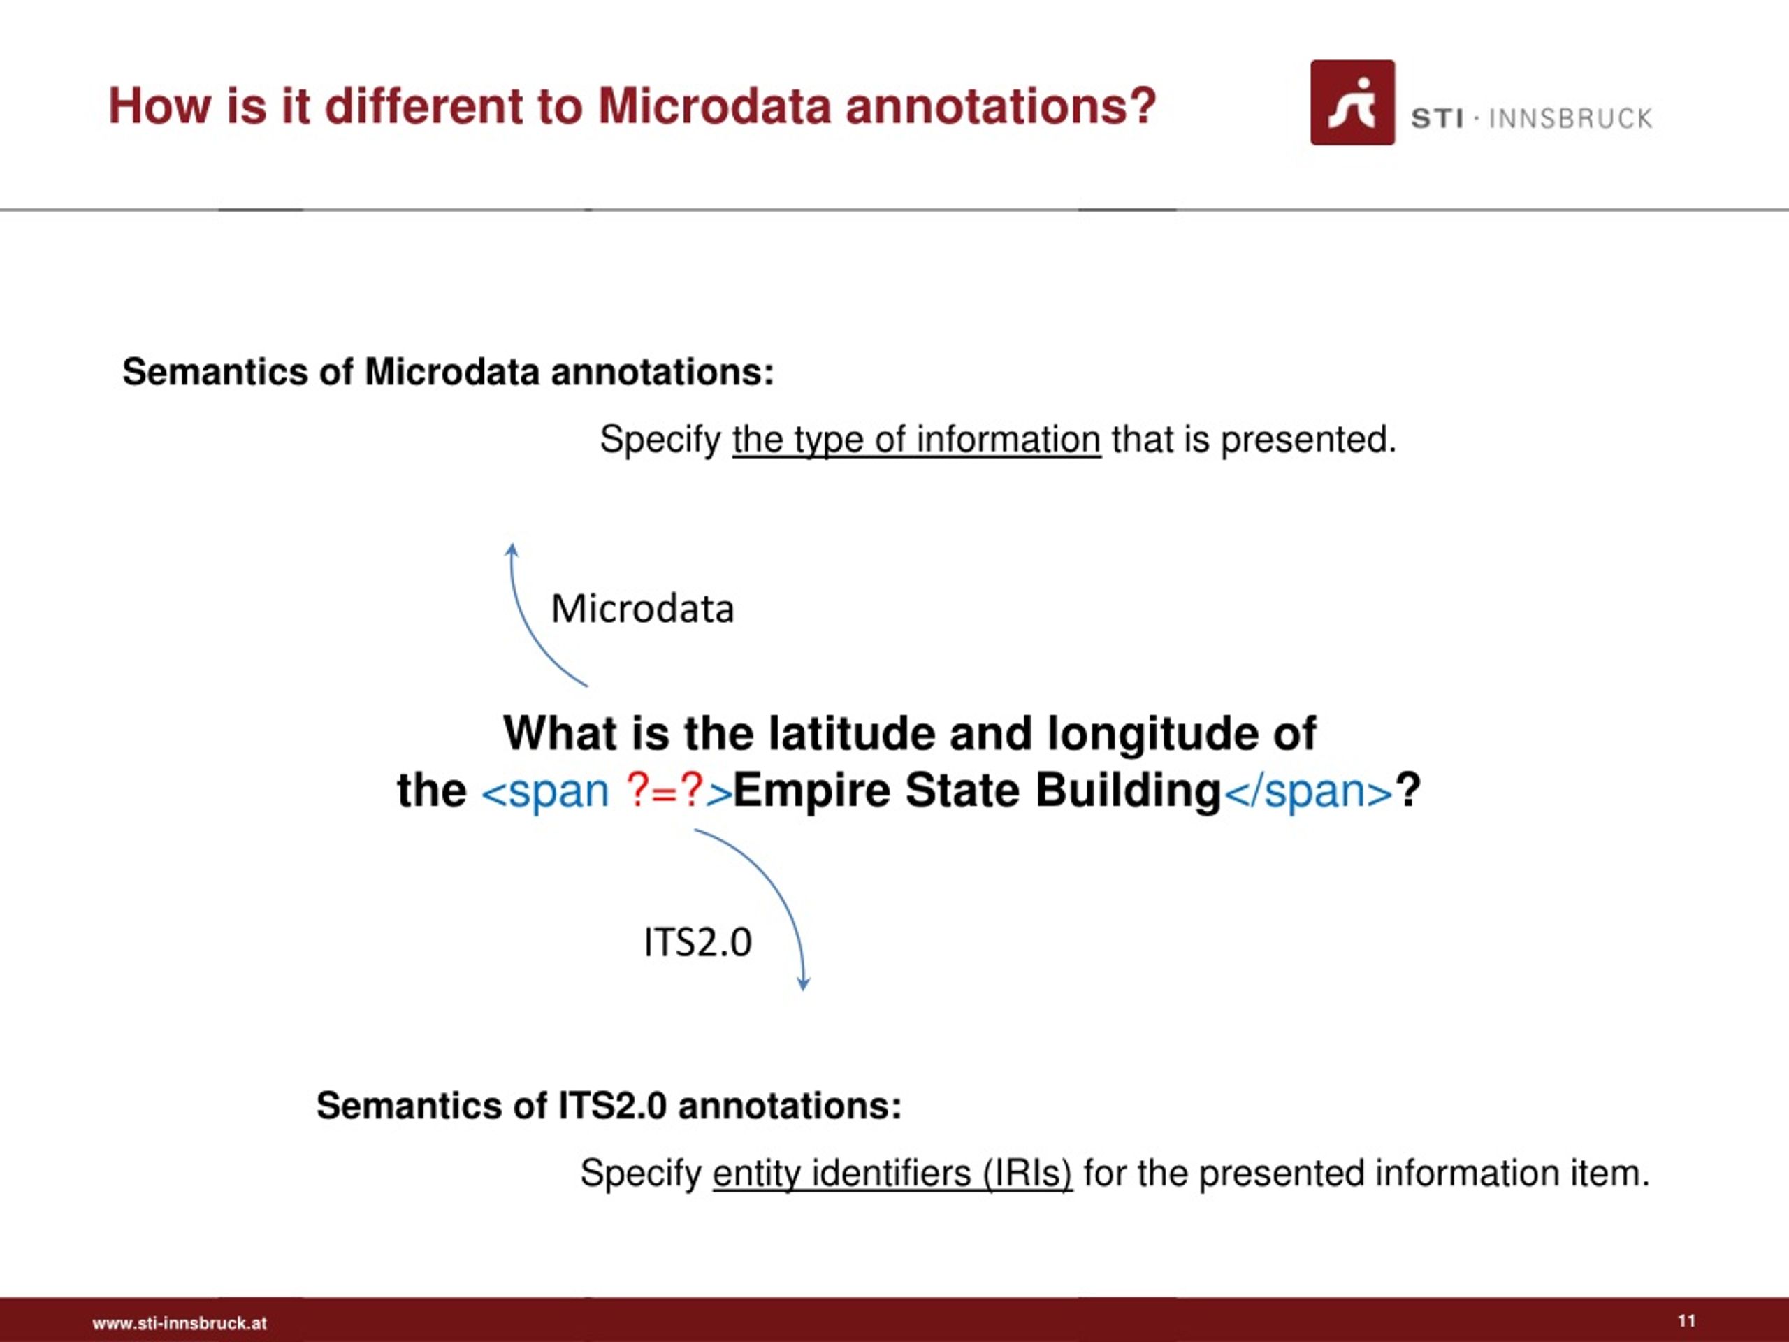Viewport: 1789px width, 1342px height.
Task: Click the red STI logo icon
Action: pyautogui.click(x=1352, y=103)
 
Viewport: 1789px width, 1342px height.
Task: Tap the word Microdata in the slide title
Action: pyautogui.click(x=714, y=106)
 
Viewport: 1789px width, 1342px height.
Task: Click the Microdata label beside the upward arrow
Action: pyautogui.click(x=642, y=609)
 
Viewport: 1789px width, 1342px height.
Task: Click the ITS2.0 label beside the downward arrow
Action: pyautogui.click(x=697, y=942)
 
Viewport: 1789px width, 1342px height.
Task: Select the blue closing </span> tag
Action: pyautogui.click(x=1308, y=791)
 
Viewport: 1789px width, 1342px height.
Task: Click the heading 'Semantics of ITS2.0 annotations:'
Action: pyautogui.click(x=608, y=1106)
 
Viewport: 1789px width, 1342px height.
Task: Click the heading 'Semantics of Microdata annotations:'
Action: pyautogui.click(x=448, y=372)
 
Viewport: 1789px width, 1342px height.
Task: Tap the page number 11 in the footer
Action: pyautogui.click(x=1686, y=1321)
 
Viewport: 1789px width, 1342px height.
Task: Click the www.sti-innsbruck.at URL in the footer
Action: pyautogui.click(x=179, y=1323)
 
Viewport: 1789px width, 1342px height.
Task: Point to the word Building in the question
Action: pyautogui.click(x=1127, y=791)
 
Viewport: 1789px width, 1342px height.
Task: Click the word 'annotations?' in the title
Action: pyautogui.click(x=1001, y=106)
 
